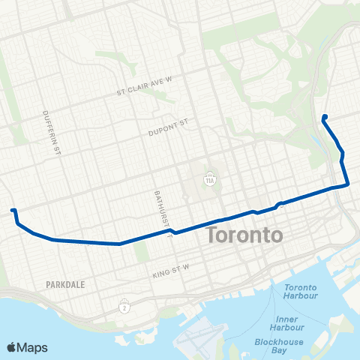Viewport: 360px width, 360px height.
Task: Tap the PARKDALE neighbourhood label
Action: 65,285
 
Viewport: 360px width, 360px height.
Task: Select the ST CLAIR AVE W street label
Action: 145,92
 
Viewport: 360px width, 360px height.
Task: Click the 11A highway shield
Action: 210,180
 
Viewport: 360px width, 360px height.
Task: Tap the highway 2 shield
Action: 124,307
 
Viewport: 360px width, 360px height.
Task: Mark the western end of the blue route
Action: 12,211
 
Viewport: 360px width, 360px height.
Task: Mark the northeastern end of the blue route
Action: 324,115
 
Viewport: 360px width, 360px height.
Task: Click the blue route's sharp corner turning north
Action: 348,184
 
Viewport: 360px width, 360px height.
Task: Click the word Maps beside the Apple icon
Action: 33,347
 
